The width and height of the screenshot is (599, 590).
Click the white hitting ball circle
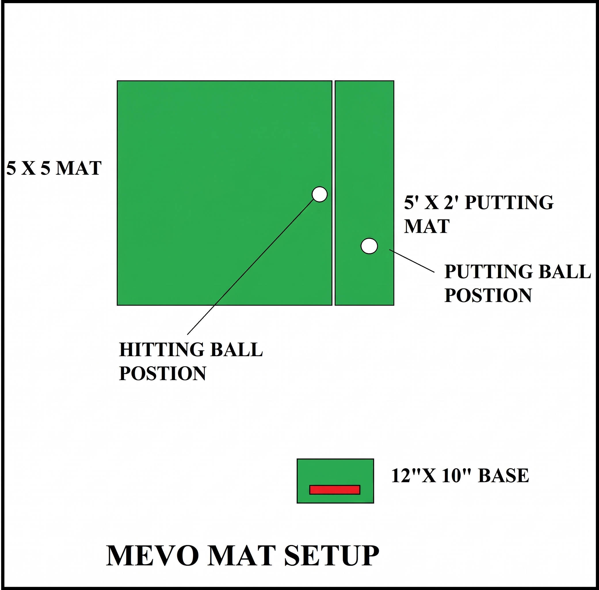pos(320,194)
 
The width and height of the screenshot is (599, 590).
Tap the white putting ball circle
pos(369,246)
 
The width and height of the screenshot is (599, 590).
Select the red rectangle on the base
pos(335,489)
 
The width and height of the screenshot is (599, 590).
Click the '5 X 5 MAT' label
pos(54,168)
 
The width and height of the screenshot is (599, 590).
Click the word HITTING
pos(162,349)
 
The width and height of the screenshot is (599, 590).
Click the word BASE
pos(503,475)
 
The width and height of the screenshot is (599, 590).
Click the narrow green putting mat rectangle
pos(365,193)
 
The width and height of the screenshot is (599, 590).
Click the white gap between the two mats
pos(333,193)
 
